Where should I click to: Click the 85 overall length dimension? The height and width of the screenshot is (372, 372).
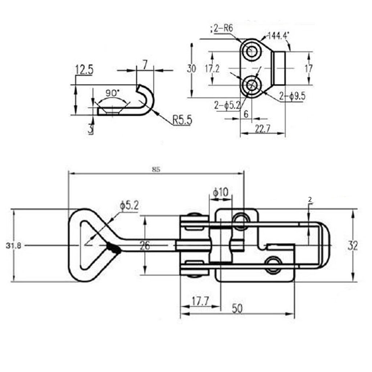coord(156,169)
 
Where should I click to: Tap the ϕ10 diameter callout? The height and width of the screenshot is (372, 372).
coord(221,192)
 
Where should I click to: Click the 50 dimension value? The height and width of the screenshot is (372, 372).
coord(237,308)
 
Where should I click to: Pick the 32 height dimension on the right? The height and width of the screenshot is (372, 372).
coord(352,246)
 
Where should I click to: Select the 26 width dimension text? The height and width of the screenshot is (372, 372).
coord(145,246)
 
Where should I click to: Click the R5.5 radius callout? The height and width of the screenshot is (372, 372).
coord(182,120)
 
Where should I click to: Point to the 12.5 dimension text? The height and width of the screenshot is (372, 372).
coord(84,70)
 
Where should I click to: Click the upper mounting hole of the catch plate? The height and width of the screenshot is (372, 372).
coord(251,52)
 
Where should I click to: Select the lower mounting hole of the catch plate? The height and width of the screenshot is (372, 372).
coord(251,85)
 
